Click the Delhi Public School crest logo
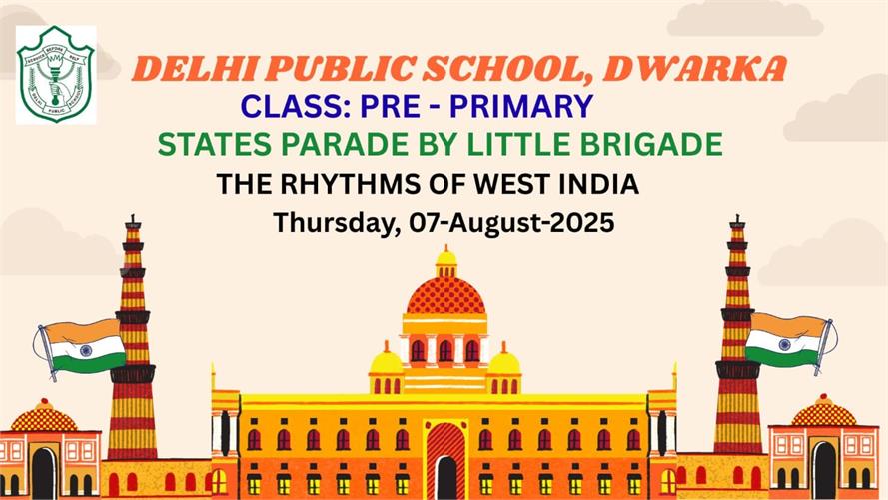click(x=56, y=74)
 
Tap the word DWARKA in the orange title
click(x=695, y=69)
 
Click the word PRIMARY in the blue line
click(x=521, y=106)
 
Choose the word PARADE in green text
click(x=345, y=144)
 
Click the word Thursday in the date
click(x=333, y=223)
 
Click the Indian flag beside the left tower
click(x=81, y=347)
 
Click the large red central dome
click(x=445, y=295)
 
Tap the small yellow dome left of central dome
click(x=386, y=361)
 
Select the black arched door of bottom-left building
click(x=44, y=473)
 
